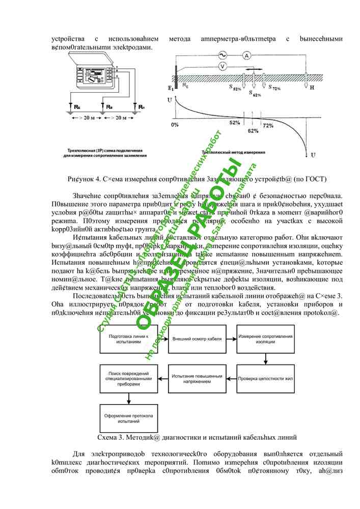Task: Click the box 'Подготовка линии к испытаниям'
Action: pos(122,338)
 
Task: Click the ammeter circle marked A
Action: pos(246,55)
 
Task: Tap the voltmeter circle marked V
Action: pos(222,67)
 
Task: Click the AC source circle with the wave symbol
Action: pos(222,55)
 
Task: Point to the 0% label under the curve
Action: pos(175,124)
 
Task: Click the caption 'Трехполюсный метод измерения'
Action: pos(233,152)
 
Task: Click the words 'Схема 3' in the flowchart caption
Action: pos(111,437)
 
